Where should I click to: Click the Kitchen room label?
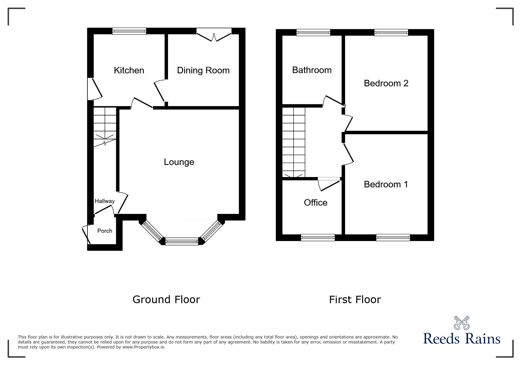click(x=129, y=70)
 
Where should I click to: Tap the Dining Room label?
click(x=203, y=70)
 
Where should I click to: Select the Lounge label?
click(x=179, y=162)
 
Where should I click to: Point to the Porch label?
click(x=105, y=231)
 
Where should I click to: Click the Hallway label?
click(x=104, y=201)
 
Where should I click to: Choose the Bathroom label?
click(x=312, y=70)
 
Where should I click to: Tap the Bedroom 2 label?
click(x=386, y=83)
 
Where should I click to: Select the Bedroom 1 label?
click(x=386, y=184)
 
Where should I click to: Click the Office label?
click(x=315, y=203)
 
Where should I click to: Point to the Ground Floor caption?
click(x=166, y=300)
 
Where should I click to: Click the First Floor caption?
click(x=355, y=300)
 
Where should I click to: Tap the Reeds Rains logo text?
click(x=462, y=339)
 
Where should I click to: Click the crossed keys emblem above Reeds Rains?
click(x=462, y=323)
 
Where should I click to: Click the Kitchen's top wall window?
click(x=129, y=31)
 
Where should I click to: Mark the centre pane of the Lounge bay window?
click(x=182, y=242)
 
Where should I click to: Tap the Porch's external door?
click(x=86, y=234)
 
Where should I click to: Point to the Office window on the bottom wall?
click(x=318, y=237)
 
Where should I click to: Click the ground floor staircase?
click(x=105, y=127)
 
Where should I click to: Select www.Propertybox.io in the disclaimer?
click(x=143, y=347)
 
